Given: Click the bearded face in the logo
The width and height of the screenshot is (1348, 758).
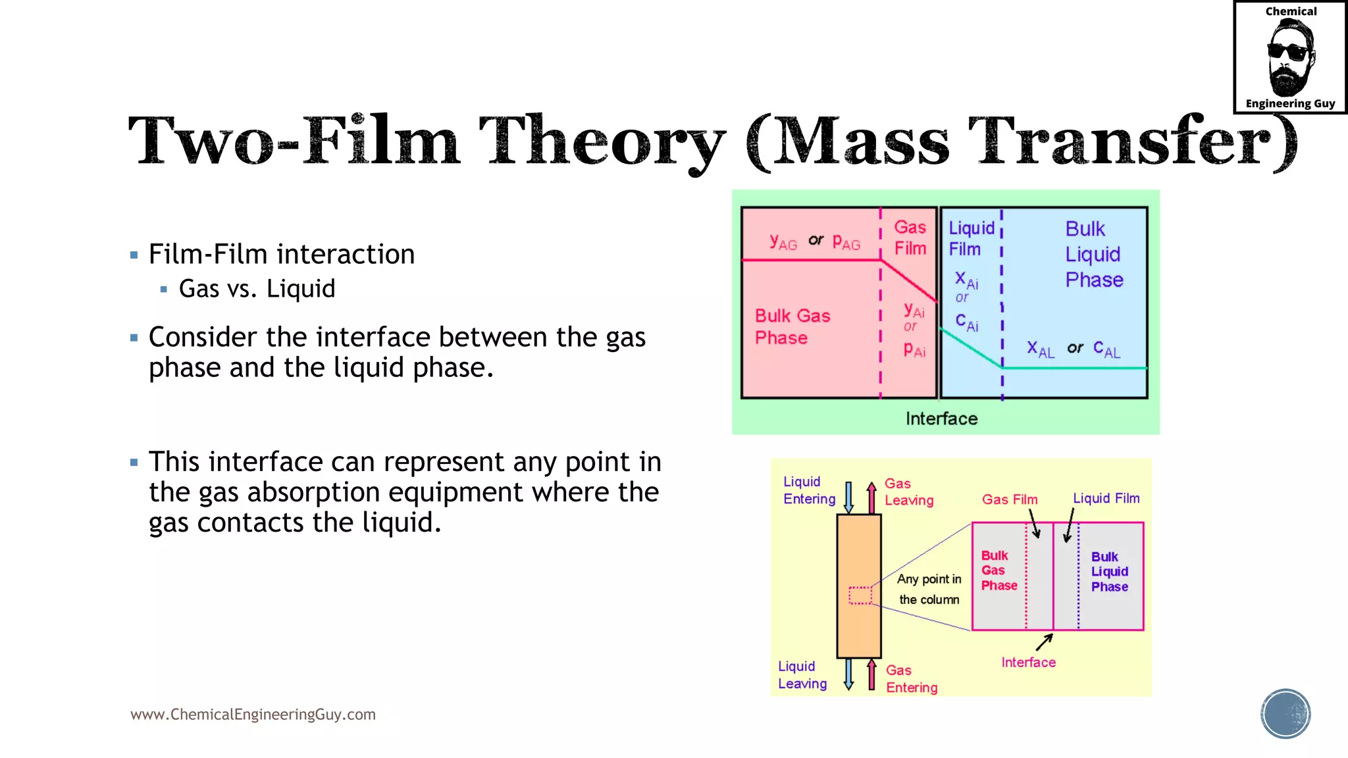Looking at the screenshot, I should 1290,58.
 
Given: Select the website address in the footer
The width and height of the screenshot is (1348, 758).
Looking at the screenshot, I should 253,715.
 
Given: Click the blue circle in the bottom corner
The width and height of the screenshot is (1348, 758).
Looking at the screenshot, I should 1285,714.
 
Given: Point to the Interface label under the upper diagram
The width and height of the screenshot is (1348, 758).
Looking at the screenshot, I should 941,418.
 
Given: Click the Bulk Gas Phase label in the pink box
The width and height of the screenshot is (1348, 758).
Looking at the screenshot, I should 792,326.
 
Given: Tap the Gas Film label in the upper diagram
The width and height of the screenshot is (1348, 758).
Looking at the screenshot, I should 910,238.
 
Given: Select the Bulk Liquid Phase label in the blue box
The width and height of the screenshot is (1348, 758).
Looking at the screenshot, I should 1093,255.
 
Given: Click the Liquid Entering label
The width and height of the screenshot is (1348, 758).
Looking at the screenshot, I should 809,490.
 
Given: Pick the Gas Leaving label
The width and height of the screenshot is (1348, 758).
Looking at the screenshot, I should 908,492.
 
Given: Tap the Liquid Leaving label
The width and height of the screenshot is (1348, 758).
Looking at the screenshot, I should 802,675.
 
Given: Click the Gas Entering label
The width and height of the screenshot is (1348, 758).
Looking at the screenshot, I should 911,678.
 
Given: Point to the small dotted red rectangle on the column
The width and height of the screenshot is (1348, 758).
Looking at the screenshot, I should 860,595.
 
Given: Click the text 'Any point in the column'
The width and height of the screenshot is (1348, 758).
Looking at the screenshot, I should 929,589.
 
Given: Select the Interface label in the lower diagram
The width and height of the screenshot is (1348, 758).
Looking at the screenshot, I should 1028,663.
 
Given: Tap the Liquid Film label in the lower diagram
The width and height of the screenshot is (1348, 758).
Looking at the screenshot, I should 1106,498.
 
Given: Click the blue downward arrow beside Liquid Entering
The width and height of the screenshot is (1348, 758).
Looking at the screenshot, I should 849,497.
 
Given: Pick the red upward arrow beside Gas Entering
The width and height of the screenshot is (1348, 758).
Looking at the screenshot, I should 871,674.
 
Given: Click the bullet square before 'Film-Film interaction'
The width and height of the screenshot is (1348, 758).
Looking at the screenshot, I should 134,255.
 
